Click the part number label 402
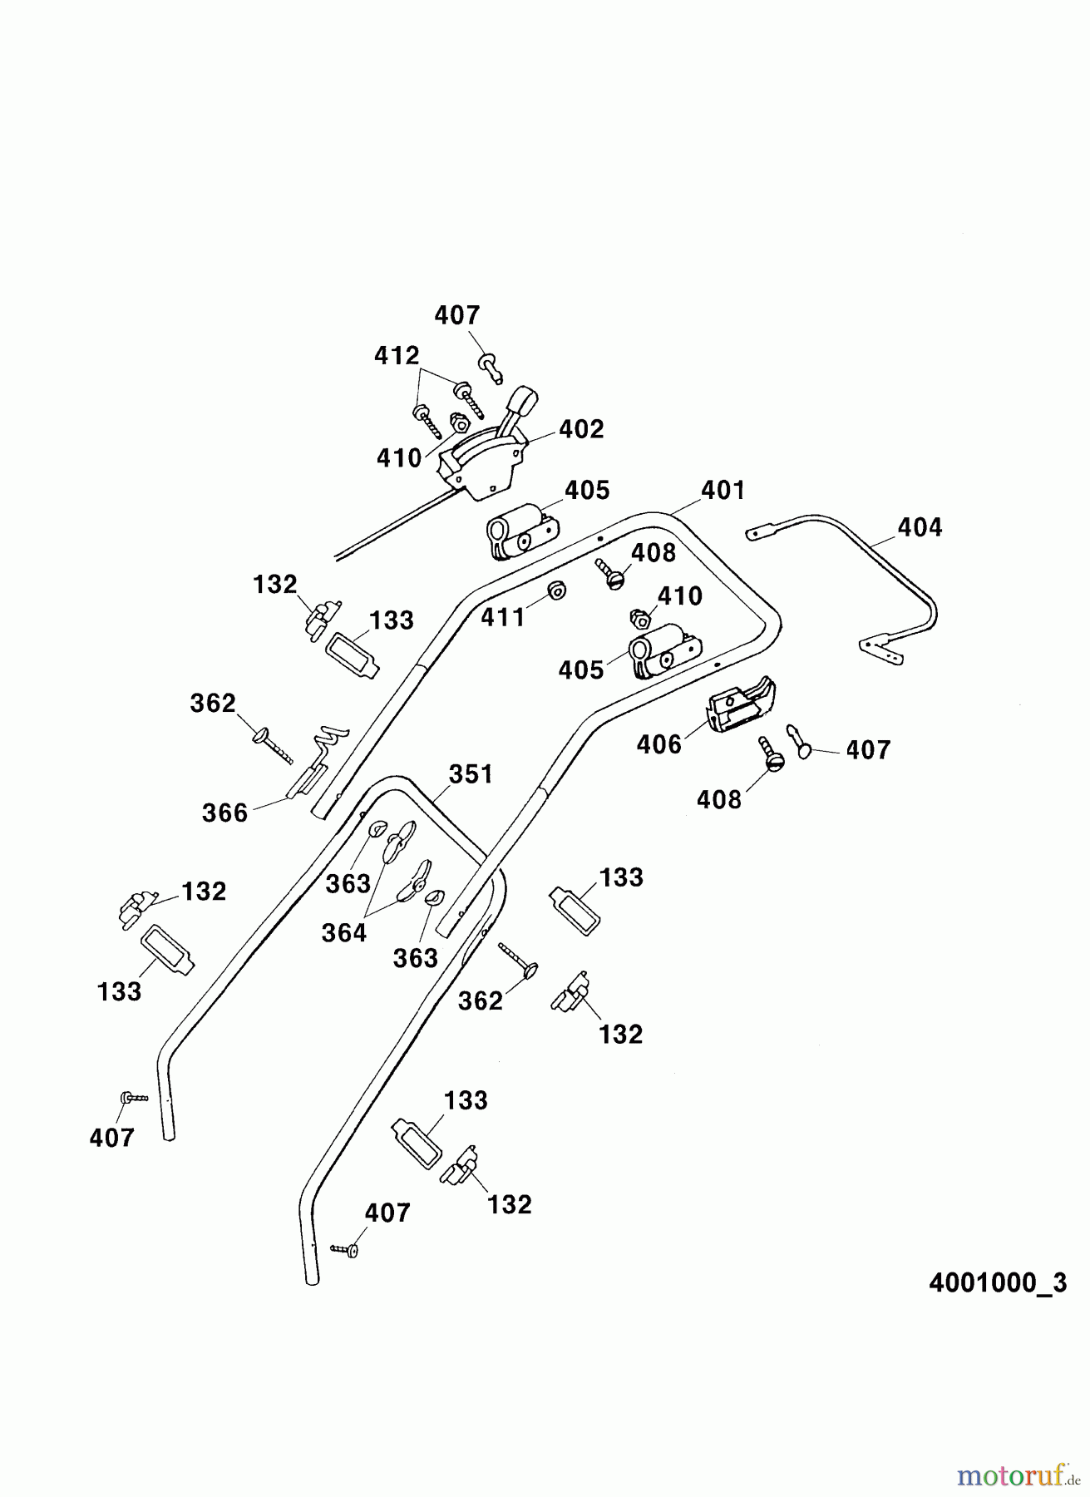click(581, 429)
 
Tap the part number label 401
click(723, 490)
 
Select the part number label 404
click(920, 526)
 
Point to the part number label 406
click(659, 744)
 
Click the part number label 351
click(471, 773)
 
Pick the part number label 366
click(224, 812)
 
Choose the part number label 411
click(504, 617)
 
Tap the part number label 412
click(397, 356)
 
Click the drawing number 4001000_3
click(997, 1282)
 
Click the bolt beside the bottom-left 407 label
click(133, 1098)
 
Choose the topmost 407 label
click(457, 315)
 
